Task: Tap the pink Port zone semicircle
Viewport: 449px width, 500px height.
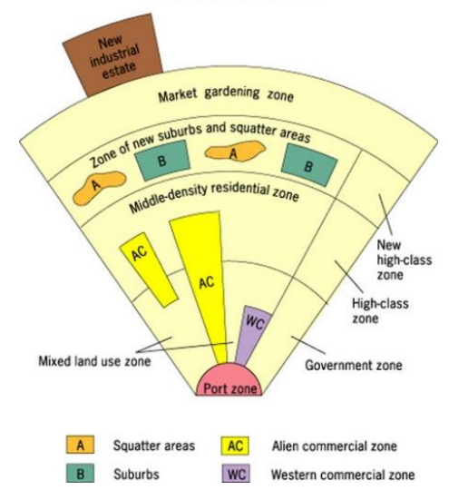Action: pos(232,383)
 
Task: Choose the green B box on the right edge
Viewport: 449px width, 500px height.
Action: pos(309,165)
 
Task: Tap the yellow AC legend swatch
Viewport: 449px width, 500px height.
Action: pos(234,446)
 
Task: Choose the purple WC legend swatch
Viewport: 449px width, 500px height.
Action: pos(234,474)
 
